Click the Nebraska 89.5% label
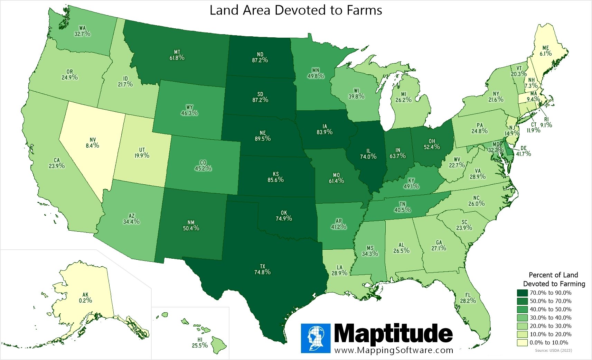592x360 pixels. [x=263, y=136]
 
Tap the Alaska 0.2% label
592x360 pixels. [x=85, y=298]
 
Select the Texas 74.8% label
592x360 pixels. [x=262, y=269]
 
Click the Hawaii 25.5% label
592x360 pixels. [x=200, y=343]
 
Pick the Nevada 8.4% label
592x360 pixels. [x=92, y=143]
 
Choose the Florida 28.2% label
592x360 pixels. [x=468, y=298]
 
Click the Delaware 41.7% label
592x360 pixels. [x=523, y=151]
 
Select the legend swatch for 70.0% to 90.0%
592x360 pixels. [x=522, y=293]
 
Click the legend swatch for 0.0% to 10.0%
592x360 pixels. [x=522, y=342]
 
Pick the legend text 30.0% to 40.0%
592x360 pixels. [x=551, y=317]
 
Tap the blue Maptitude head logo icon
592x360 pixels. [x=316, y=338]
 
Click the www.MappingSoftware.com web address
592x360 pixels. [x=394, y=350]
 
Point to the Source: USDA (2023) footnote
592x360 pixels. [x=553, y=350]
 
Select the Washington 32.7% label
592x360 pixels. [x=82, y=31]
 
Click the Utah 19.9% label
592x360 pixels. [x=142, y=153]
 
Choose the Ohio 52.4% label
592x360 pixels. [x=432, y=144]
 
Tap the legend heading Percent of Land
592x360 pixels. [x=553, y=275]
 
